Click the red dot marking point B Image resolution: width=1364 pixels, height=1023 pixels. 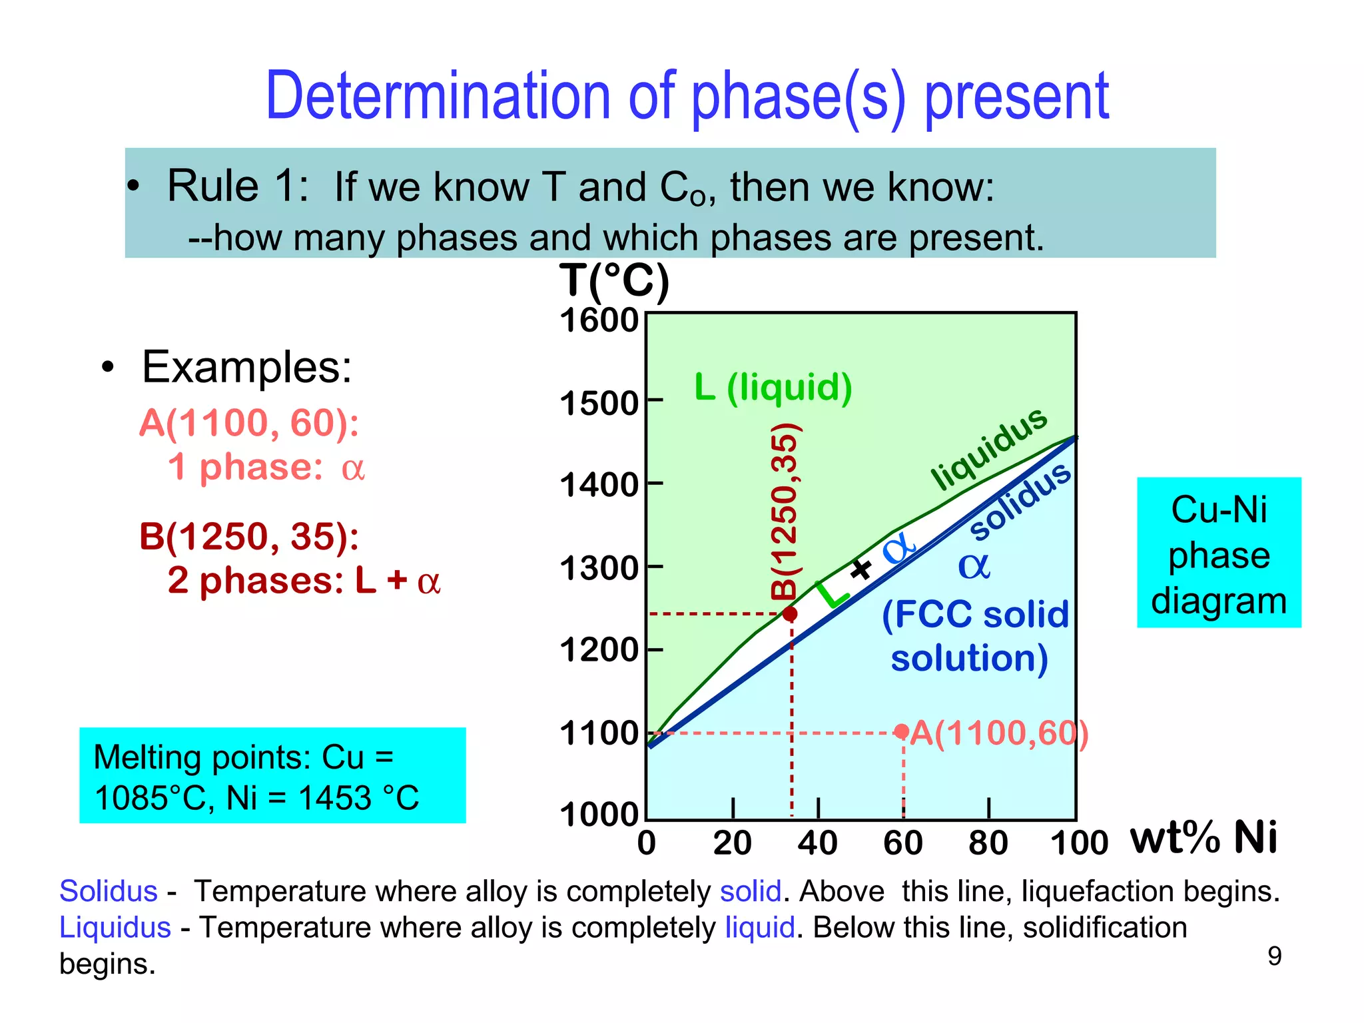pyautogui.click(x=790, y=613)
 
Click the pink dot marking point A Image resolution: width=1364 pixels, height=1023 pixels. pyautogui.click(x=902, y=731)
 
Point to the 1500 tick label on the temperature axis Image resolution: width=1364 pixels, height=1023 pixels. pyautogui.click(x=599, y=403)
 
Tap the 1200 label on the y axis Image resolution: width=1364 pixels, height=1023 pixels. pyautogui.click(x=599, y=650)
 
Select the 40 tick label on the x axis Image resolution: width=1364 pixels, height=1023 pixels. pyautogui.click(x=817, y=843)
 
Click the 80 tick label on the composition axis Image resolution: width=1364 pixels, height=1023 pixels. pyautogui.click(x=988, y=843)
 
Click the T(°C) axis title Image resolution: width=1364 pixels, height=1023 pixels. pyautogui.click(x=613, y=281)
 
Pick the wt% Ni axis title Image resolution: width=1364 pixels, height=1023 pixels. pyautogui.click(x=1203, y=837)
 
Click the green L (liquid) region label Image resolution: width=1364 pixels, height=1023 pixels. pyautogui.click(x=773, y=387)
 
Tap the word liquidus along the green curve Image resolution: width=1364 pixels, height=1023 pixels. pyautogui.click(x=988, y=448)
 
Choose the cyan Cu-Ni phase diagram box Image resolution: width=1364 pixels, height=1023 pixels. pyautogui.click(x=1218, y=553)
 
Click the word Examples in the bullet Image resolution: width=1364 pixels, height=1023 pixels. pyautogui.click(x=246, y=367)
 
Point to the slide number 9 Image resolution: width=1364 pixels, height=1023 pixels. pyautogui.click(x=1274, y=956)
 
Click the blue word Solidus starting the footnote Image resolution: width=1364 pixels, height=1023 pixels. pyautogui.click(x=109, y=891)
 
